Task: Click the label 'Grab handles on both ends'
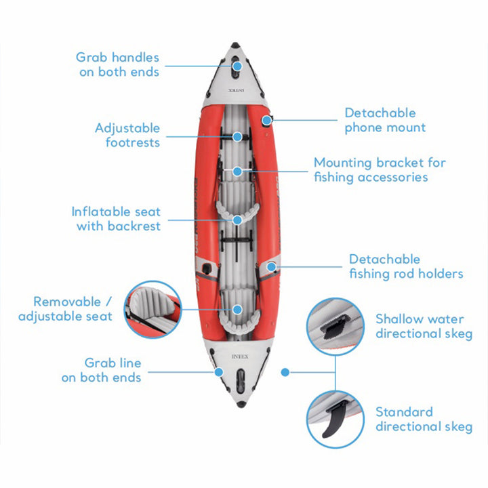coord(119,64)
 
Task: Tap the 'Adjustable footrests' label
coord(127,135)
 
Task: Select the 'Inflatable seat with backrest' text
coord(117,219)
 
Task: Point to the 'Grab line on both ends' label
coord(102,371)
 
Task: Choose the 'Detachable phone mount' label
coord(385,120)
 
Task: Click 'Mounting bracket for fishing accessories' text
coord(380,169)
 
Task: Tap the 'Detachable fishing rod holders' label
coord(406,266)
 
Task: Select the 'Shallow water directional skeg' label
coord(424,326)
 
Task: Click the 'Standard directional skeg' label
coord(424,419)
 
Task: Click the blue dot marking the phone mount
coord(267,121)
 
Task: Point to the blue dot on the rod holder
coord(272,267)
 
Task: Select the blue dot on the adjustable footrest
coord(238,136)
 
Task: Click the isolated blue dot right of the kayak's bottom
coord(285,372)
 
